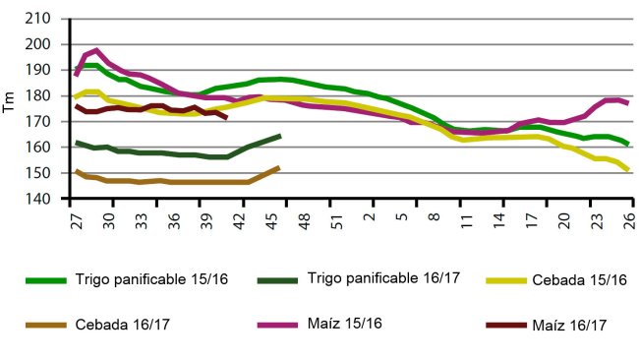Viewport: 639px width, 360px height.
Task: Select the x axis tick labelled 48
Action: click(x=305, y=217)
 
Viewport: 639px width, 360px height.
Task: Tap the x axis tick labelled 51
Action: click(x=337, y=217)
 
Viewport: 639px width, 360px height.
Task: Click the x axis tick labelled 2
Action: click(x=370, y=217)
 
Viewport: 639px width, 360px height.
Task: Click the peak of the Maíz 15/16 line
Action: click(x=96, y=50)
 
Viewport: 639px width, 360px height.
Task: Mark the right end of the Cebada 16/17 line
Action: click(x=279, y=167)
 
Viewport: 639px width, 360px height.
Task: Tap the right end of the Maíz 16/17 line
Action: click(x=227, y=118)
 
